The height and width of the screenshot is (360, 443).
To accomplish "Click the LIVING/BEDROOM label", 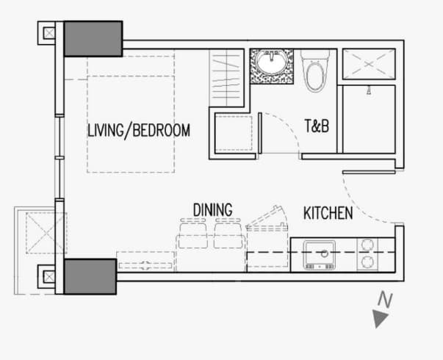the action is tap(139, 131).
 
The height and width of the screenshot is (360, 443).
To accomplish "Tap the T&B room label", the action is tap(317, 126).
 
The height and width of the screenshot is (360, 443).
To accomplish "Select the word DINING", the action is tap(213, 210).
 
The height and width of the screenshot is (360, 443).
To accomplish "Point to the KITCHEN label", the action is tap(328, 213).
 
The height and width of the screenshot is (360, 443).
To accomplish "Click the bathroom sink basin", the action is tap(272, 62).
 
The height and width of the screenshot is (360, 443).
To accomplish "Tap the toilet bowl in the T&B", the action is tap(316, 76).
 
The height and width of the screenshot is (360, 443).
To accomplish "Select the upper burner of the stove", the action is tap(367, 245).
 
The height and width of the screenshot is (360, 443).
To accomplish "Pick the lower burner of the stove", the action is tap(367, 262).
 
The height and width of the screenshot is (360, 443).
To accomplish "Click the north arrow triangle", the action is tap(379, 318).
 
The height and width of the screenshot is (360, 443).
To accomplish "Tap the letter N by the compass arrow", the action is tap(386, 299).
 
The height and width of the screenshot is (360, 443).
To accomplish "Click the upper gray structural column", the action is tap(93, 39).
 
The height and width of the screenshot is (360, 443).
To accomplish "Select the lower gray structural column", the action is tap(90, 277).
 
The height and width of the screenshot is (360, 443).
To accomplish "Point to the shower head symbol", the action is tap(368, 90).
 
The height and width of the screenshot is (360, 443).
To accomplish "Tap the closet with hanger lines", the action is tap(226, 78).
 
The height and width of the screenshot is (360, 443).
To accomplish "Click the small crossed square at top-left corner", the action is tap(49, 33).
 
